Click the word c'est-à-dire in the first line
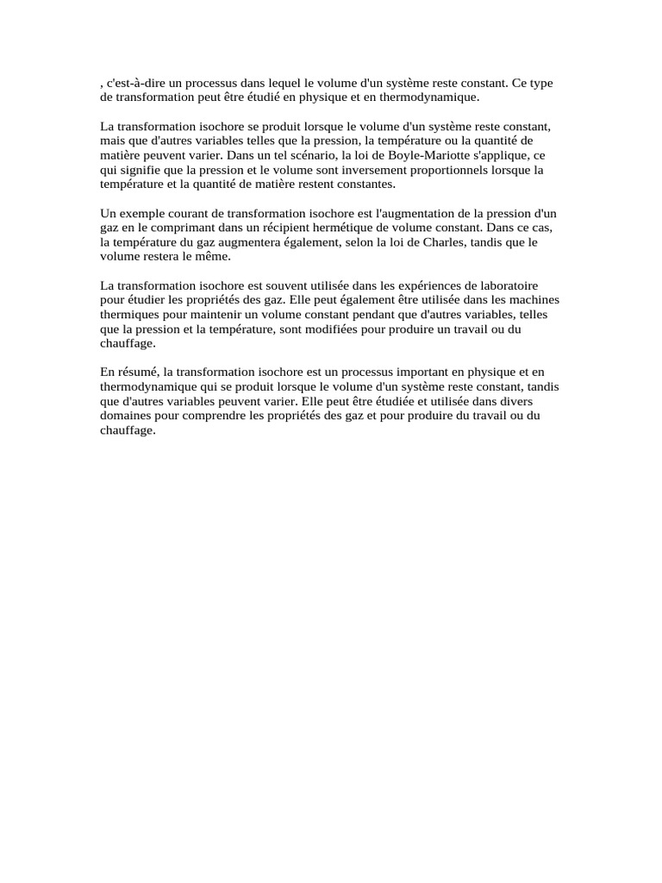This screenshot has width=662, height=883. (134, 84)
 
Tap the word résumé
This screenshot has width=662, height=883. (136, 373)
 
